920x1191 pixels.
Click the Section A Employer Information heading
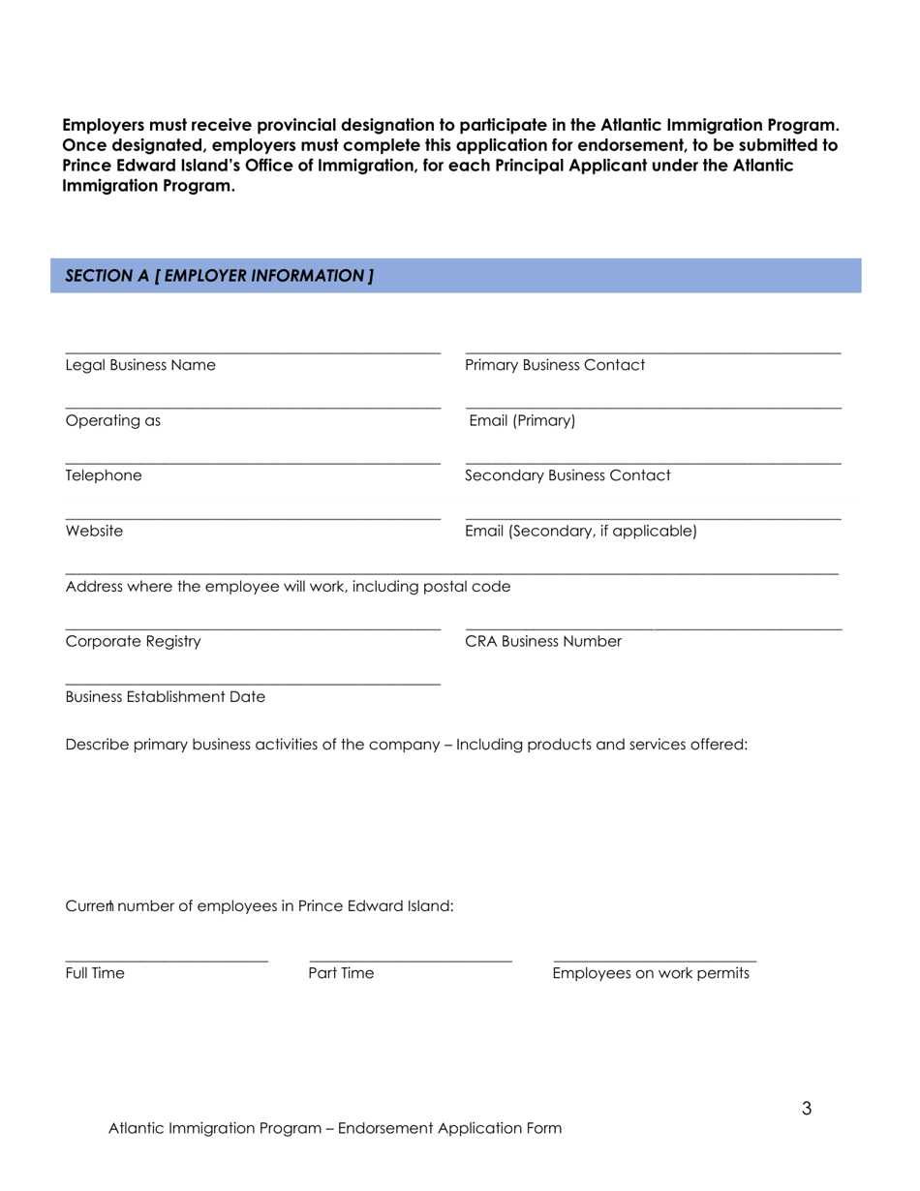(219, 276)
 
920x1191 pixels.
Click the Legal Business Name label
(140, 366)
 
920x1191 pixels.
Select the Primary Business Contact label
(555, 366)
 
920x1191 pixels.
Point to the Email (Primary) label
(522, 421)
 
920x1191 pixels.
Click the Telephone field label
(104, 476)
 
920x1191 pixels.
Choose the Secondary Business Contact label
(567, 476)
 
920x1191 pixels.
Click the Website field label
(94, 532)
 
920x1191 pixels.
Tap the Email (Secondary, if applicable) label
(581, 532)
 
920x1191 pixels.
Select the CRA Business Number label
(543, 642)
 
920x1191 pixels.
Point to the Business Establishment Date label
(166, 697)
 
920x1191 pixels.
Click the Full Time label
(95, 974)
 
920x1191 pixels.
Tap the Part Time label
(341, 974)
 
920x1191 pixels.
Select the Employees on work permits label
(651, 974)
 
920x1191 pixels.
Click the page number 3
(806, 1110)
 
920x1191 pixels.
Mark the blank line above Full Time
(167, 961)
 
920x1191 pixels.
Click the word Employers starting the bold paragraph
(106, 126)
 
